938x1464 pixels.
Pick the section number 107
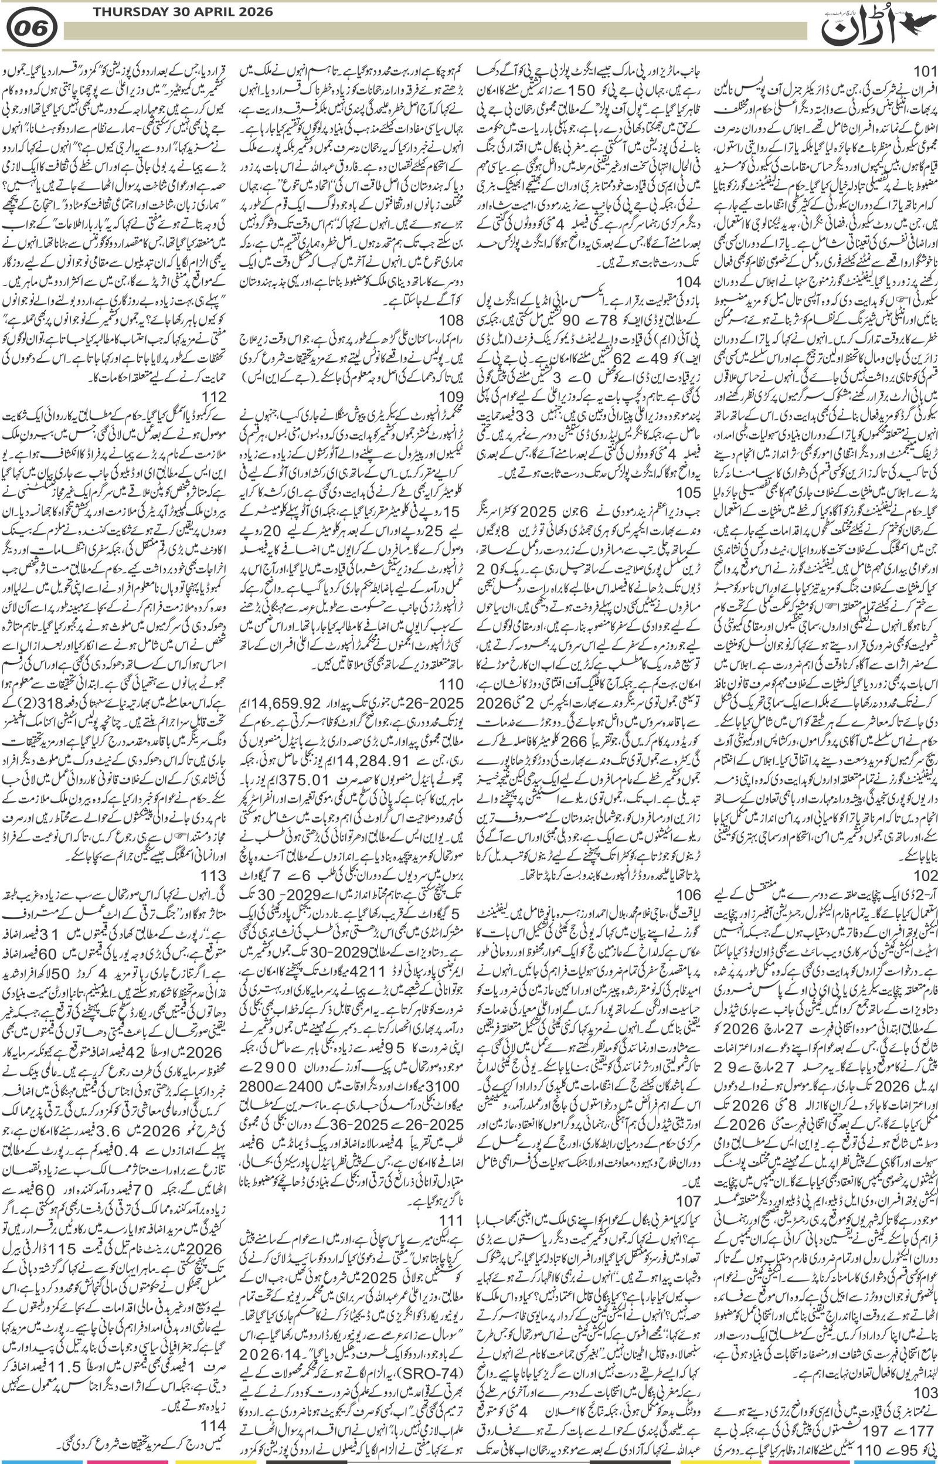(688, 1167)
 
